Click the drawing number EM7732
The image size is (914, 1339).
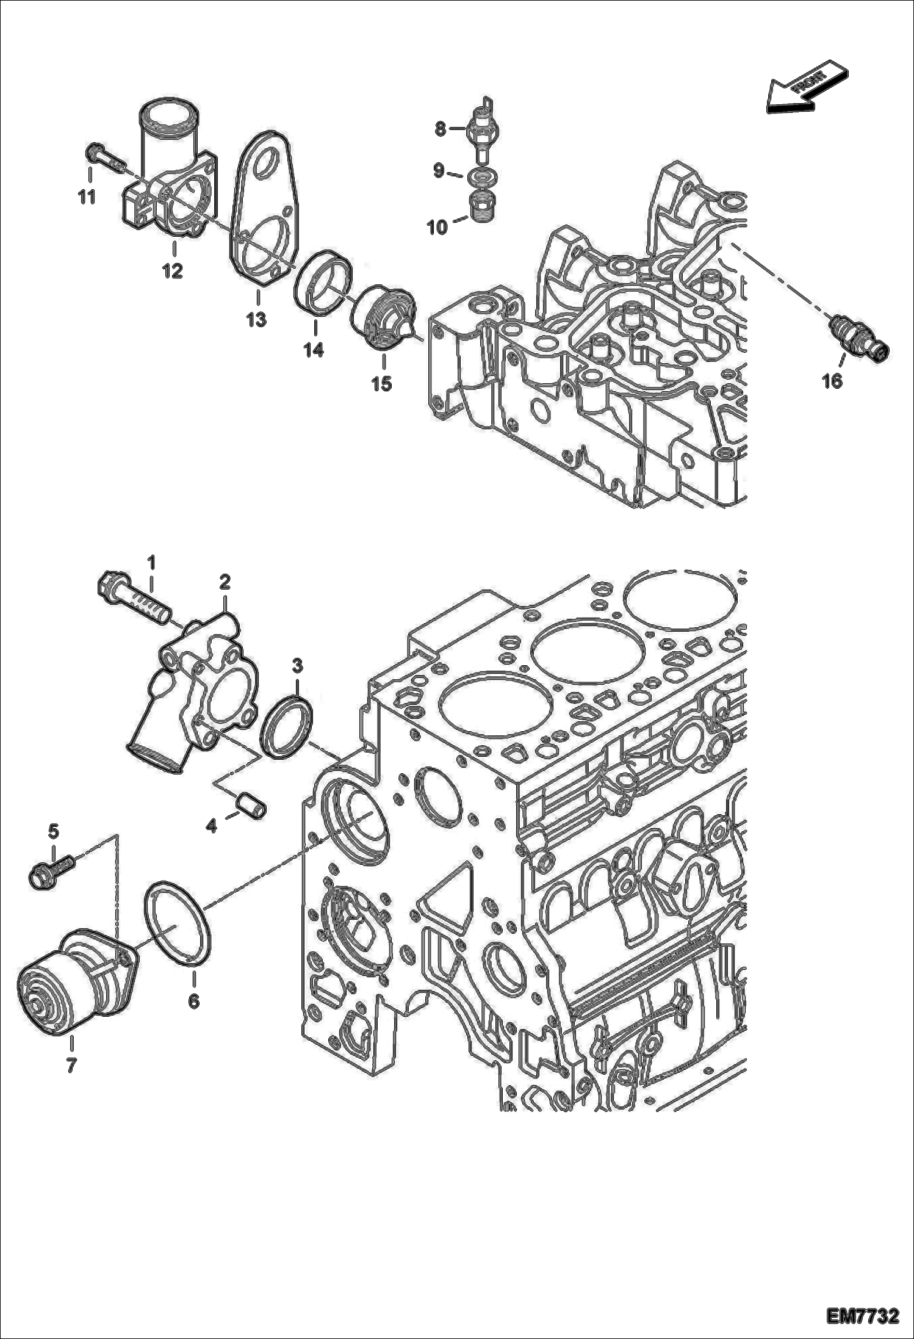pyautogui.click(x=863, y=1316)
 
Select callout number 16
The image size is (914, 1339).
pyautogui.click(x=832, y=381)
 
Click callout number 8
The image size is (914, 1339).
pyautogui.click(x=441, y=128)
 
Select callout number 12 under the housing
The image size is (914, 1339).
pyautogui.click(x=173, y=270)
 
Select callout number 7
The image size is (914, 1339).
pyautogui.click(x=71, y=1065)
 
